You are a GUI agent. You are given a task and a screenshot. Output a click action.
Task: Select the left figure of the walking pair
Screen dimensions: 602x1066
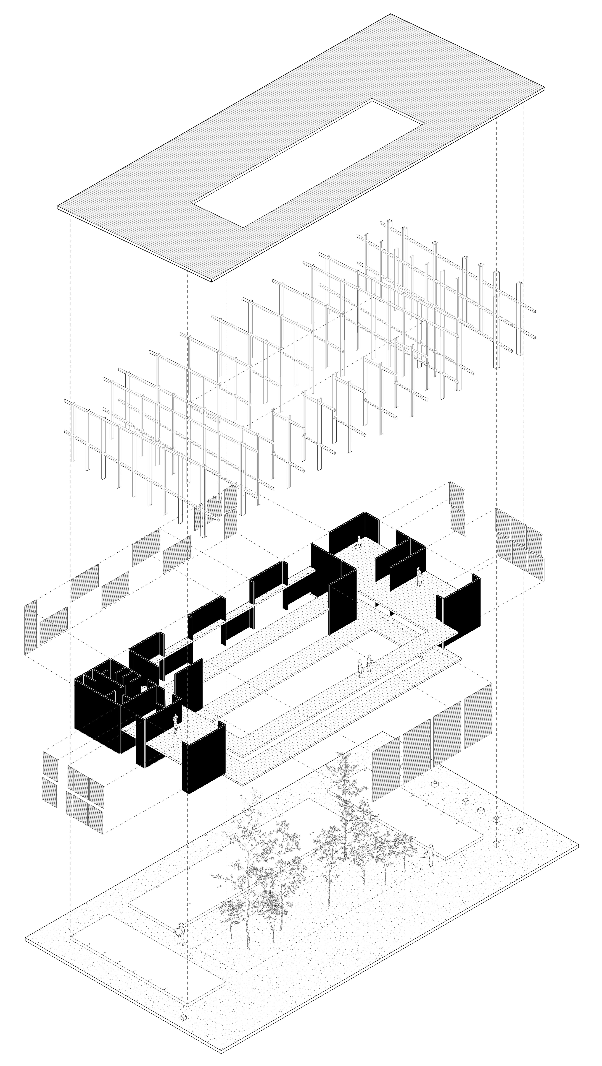pos(360,668)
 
